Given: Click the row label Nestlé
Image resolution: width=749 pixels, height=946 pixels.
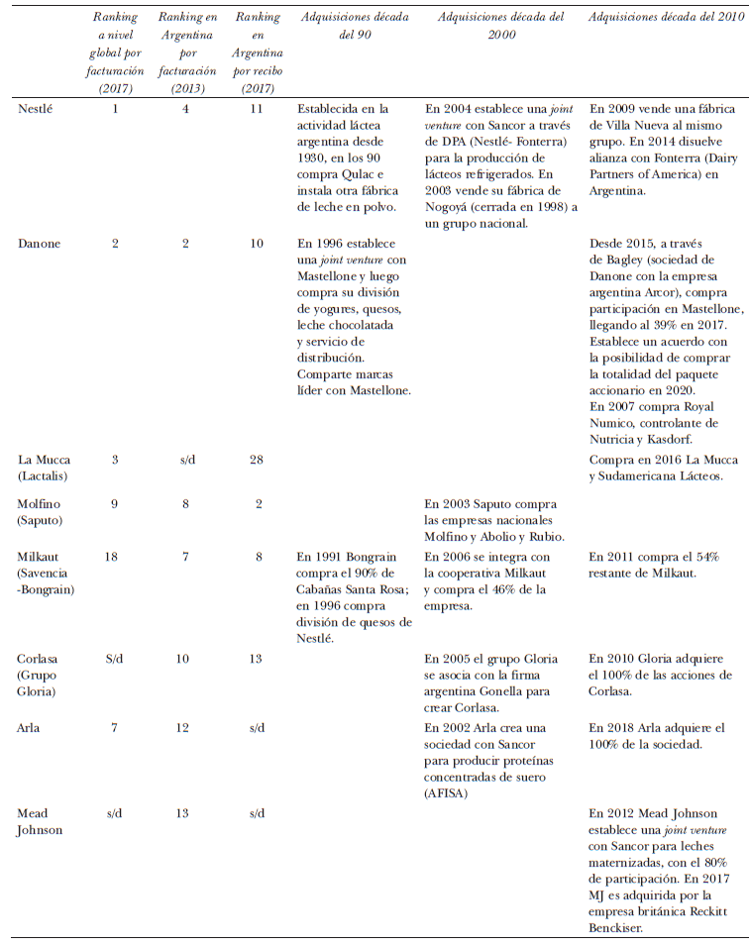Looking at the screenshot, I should (x=37, y=109).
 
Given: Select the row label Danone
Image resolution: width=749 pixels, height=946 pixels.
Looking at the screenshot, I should (x=39, y=244).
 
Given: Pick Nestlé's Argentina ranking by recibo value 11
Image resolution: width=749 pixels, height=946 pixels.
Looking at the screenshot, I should (x=256, y=109).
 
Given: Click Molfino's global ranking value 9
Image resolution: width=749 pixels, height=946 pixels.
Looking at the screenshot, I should (x=115, y=503).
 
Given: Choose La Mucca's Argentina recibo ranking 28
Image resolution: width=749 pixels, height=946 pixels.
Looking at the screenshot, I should (x=256, y=459).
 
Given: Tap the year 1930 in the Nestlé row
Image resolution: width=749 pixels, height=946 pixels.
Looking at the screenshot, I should (x=315, y=156).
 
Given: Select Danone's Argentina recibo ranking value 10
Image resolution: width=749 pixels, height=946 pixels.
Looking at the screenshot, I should (x=256, y=244).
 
